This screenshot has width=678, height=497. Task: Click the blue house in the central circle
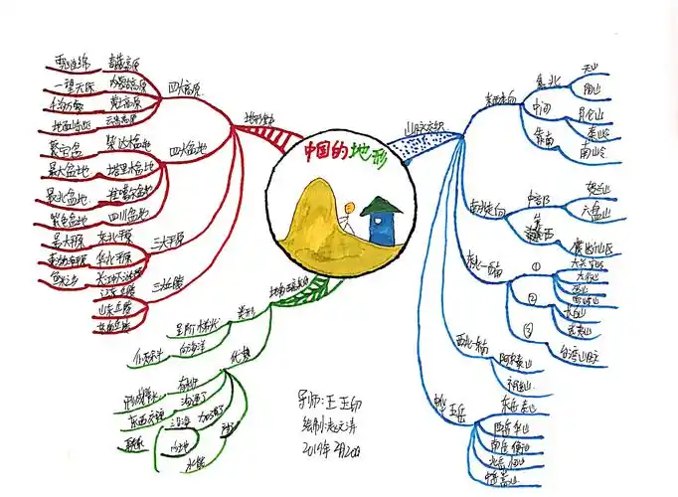[x=381, y=224]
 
